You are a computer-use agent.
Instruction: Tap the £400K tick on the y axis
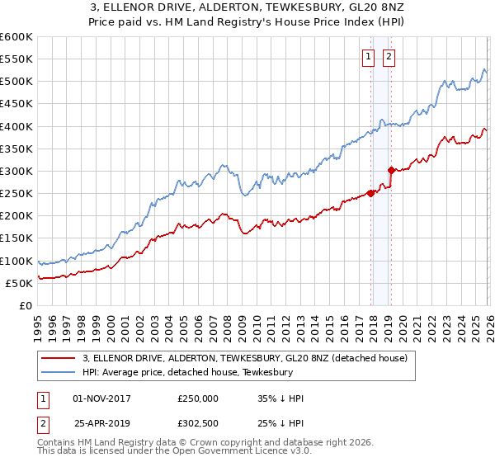pos(16,126)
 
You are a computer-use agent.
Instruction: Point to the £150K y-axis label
pos(16,238)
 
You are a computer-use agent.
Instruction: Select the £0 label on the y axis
pos(25,305)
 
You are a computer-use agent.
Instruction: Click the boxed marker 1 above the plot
pos(368,57)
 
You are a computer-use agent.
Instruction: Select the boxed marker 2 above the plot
pos(389,57)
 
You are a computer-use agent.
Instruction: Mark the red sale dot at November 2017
pos(370,194)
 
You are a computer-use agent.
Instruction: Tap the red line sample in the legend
pos(59,358)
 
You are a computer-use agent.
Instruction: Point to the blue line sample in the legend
pos(59,372)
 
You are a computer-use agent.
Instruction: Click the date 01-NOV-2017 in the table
pos(101,398)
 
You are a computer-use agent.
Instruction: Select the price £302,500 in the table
pos(197,423)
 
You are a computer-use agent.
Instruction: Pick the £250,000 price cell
pos(197,398)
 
